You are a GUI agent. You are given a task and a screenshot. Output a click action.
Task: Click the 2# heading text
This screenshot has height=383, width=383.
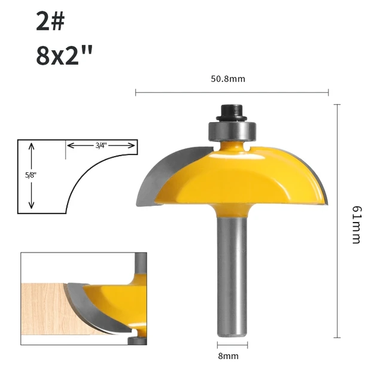coord(50,22)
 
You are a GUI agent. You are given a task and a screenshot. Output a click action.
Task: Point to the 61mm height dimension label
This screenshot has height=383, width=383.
coord(356,224)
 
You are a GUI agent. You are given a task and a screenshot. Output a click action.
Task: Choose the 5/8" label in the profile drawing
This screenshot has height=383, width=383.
coord(23,177)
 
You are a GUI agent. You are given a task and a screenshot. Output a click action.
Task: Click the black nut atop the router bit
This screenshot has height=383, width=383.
coord(231,111)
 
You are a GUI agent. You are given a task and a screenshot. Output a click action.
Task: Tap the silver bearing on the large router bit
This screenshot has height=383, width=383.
coord(231,129)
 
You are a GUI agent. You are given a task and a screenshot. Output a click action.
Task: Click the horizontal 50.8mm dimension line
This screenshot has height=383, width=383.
coord(180,92)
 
